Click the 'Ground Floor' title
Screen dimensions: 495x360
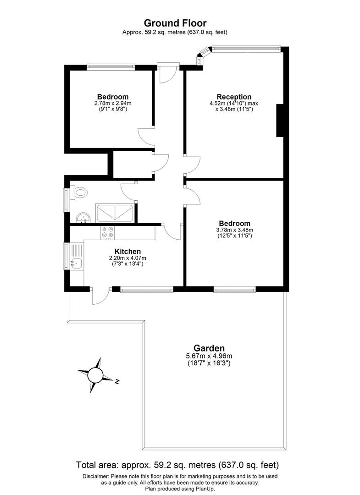tap(175, 22)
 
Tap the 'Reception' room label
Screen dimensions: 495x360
tap(234, 97)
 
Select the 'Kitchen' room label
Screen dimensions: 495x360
tap(127, 252)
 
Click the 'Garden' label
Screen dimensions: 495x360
tap(209, 348)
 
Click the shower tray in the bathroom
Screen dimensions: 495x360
tap(115, 214)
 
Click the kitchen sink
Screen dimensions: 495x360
tap(76, 263)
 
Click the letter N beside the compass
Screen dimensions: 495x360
tap(117, 381)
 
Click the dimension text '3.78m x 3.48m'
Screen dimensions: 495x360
tap(234, 230)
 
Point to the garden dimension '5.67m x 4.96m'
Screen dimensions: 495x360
tap(209, 356)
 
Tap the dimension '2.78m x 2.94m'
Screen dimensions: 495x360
tap(112, 104)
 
